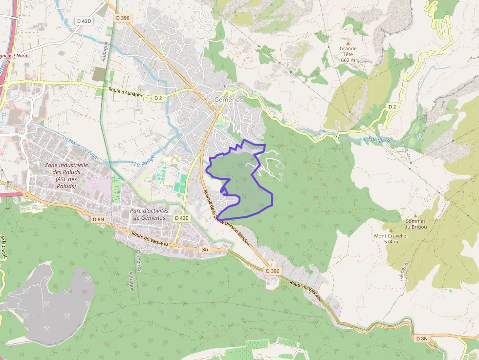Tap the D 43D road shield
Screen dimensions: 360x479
84,21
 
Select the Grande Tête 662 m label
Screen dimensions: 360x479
348,54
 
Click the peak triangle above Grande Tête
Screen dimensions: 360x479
348,43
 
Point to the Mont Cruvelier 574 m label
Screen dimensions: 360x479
391,238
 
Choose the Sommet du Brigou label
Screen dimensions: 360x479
415,224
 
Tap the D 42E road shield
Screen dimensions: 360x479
181,218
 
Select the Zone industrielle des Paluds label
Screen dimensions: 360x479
66,175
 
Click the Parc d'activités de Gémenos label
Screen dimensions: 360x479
149,214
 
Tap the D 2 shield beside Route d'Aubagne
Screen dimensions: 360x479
158,98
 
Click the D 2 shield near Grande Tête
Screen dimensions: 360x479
392,106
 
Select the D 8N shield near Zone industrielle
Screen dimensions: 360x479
98,219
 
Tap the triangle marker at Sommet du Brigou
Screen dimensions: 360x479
415,215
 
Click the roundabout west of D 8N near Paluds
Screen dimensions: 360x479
27,194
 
